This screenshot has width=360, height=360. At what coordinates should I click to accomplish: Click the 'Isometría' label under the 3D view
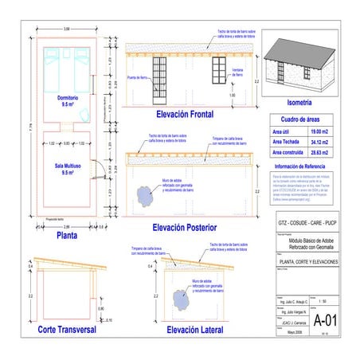304,104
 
